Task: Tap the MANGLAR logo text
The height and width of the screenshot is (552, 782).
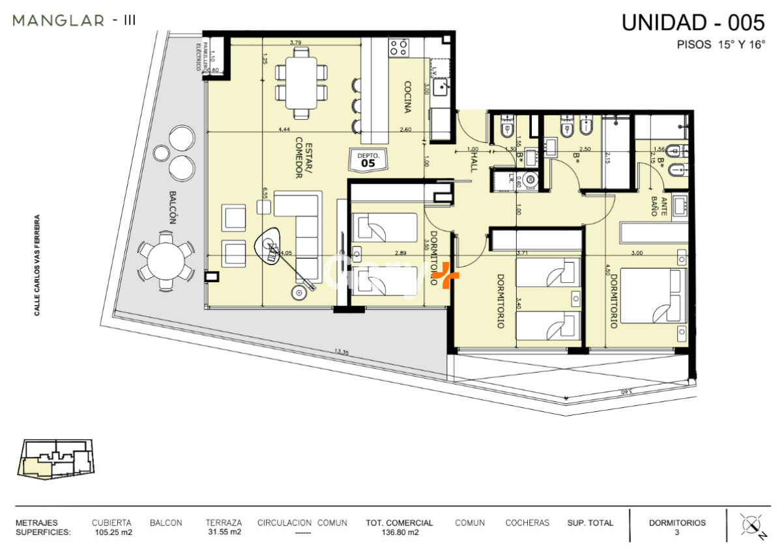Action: [x=59, y=21]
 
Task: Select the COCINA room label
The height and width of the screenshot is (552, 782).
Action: [x=407, y=97]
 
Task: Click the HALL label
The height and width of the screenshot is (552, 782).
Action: [x=473, y=158]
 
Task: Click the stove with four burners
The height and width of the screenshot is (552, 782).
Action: [x=399, y=47]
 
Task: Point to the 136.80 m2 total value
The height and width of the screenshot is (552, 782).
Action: [x=399, y=532]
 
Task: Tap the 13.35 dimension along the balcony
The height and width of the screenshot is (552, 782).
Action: [x=342, y=352]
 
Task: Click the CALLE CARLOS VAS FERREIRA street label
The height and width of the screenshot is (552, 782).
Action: [x=37, y=265]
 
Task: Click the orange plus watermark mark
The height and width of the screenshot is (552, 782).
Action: [x=446, y=276]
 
